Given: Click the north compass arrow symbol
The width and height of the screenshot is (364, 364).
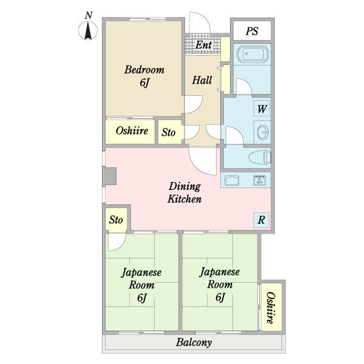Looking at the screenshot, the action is tap(88, 30).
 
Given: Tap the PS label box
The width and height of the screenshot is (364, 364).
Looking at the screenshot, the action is tap(252, 31).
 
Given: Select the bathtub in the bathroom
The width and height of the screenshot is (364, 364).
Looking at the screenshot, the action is tap(252, 55).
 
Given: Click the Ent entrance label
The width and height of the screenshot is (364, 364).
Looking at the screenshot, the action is tap(203, 45).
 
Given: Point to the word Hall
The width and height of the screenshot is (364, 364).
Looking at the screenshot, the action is tap(202, 80).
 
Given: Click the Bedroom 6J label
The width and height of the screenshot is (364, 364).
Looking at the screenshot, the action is tap(144, 76).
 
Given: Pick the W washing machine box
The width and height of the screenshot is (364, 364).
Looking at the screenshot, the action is tap(262, 109).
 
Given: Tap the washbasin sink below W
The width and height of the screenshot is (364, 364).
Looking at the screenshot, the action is tap(263, 132).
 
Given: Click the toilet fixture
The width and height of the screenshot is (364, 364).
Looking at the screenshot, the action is tap(260, 158).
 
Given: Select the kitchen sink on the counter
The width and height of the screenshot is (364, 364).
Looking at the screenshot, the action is tap(232, 180).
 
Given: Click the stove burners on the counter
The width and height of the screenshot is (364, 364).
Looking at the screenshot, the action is tap(260, 180).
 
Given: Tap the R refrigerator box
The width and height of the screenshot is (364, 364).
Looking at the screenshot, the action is tap(261, 220).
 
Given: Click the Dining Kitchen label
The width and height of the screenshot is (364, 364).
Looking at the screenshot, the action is tap(184, 192).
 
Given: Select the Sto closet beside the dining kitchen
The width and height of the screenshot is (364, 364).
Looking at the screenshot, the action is tap(116, 220).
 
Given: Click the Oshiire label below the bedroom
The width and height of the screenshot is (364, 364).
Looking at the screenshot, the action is tap(132, 130).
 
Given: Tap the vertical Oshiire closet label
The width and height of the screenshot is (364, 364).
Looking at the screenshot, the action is tap(271, 308).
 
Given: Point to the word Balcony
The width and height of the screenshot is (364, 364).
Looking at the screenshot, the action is tap(194, 342).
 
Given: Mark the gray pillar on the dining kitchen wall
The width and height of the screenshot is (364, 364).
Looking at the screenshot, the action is tap(109, 177).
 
